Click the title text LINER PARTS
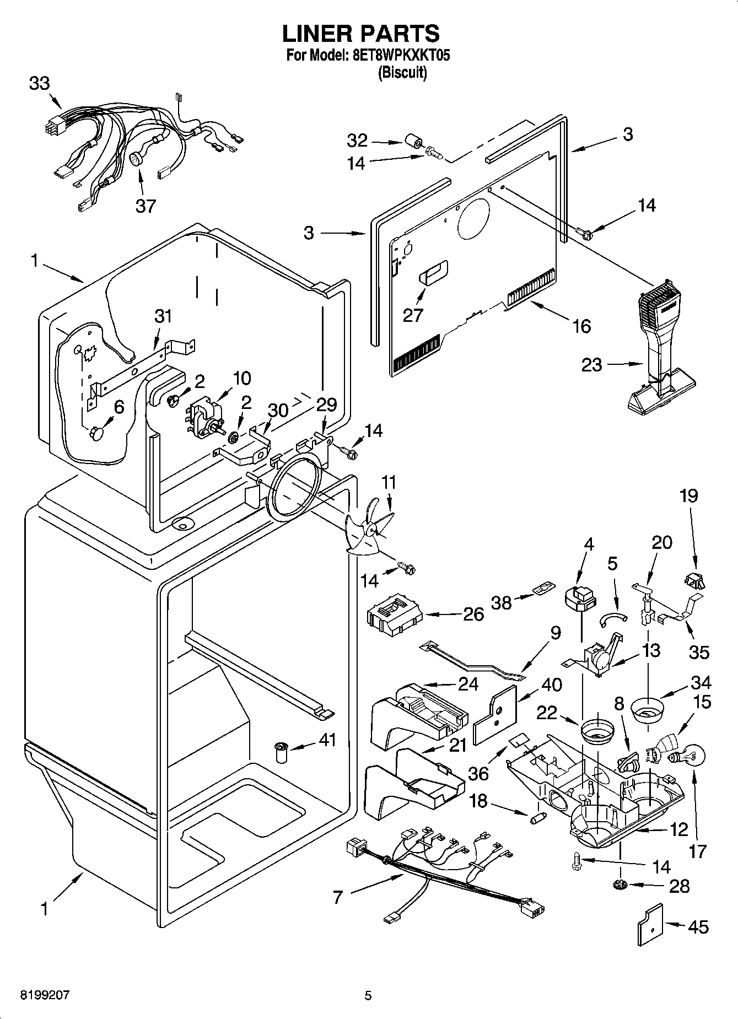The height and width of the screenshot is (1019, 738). [361, 34]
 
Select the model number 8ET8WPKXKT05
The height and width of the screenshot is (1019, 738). [396, 56]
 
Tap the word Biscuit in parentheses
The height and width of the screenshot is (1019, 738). [402, 73]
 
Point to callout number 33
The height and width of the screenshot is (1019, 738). [39, 84]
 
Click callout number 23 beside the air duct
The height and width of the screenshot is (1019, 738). [592, 365]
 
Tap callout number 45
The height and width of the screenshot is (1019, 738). [698, 927]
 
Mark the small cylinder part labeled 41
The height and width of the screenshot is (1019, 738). [282, 752]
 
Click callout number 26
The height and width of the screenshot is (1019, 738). [473, 614]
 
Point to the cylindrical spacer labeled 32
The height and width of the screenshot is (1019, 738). [414, 142]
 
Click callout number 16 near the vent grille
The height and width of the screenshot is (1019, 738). [581, 326]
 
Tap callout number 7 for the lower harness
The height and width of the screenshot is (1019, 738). [338, 898]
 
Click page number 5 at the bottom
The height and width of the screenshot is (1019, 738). [368, 995]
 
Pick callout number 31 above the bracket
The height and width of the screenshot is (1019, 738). [163, 316]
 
